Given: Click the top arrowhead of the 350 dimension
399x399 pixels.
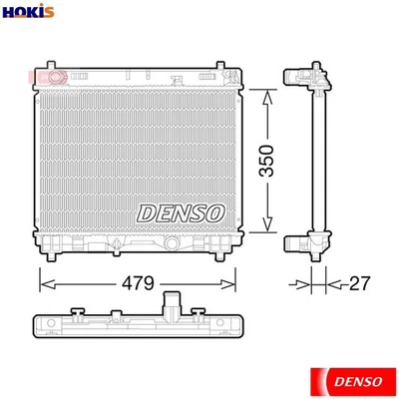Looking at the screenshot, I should point(266,93).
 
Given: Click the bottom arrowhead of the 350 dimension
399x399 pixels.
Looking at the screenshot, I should point(266,228).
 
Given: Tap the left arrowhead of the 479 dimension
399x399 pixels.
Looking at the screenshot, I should point(43,284).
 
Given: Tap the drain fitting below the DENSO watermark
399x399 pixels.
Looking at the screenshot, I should point(172,242).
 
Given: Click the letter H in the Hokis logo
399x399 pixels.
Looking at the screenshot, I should point(8,13).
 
